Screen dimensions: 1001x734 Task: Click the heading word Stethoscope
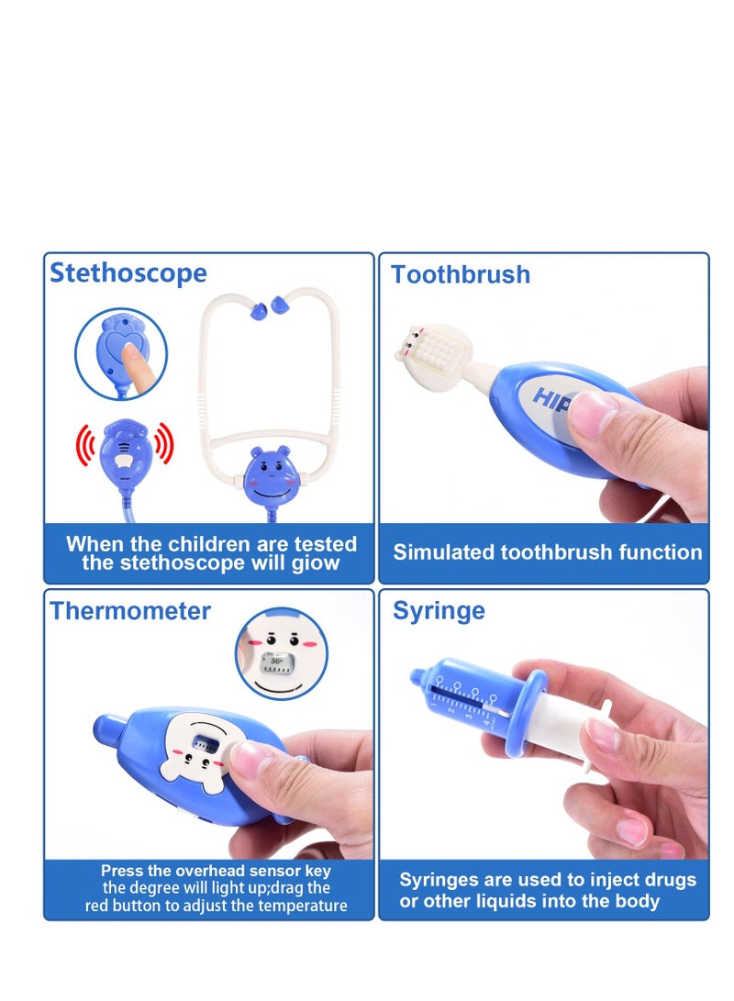click(x=128, y=272)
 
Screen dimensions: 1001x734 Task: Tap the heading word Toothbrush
click(x=461, y=274)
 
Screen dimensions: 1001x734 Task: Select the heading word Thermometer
click(x=130, y=611)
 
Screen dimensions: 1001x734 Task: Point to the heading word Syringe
click(x=439, y=611)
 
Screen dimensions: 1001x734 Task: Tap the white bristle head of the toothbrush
click(x=431, y=350)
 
